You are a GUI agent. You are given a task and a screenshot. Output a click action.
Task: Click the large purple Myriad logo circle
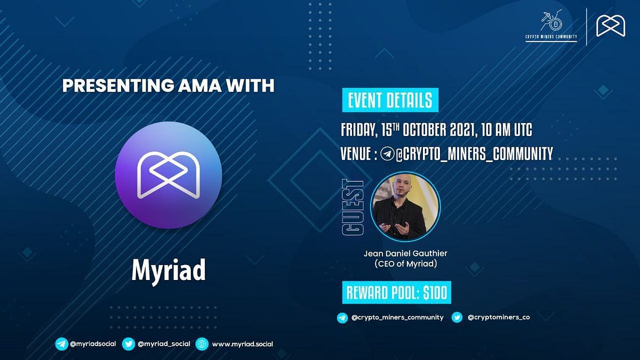[x=169, y=175]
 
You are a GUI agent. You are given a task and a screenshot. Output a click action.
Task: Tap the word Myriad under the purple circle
[x=169, y=271]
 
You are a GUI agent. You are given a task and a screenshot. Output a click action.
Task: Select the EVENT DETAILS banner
[x=389, y=100]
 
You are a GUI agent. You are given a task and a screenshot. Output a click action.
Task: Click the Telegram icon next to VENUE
[x=387, y=155]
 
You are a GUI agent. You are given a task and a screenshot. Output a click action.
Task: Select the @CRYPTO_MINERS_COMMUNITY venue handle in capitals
[x=474, y=155]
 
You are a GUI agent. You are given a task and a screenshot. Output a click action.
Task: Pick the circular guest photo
[x=405, y=207]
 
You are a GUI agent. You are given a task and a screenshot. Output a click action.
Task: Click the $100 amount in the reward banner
[x=435, y=292]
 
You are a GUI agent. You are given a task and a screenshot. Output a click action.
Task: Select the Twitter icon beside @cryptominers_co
[x=457, y=317]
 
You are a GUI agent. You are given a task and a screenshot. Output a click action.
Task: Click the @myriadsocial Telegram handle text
[x=93, y=343]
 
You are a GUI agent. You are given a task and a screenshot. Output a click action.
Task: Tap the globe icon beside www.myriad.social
[x=201, y=344]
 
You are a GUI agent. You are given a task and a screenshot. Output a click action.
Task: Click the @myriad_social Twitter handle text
[x=164, y=343]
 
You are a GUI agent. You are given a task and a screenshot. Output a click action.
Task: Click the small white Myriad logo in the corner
[x=611, y=26]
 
